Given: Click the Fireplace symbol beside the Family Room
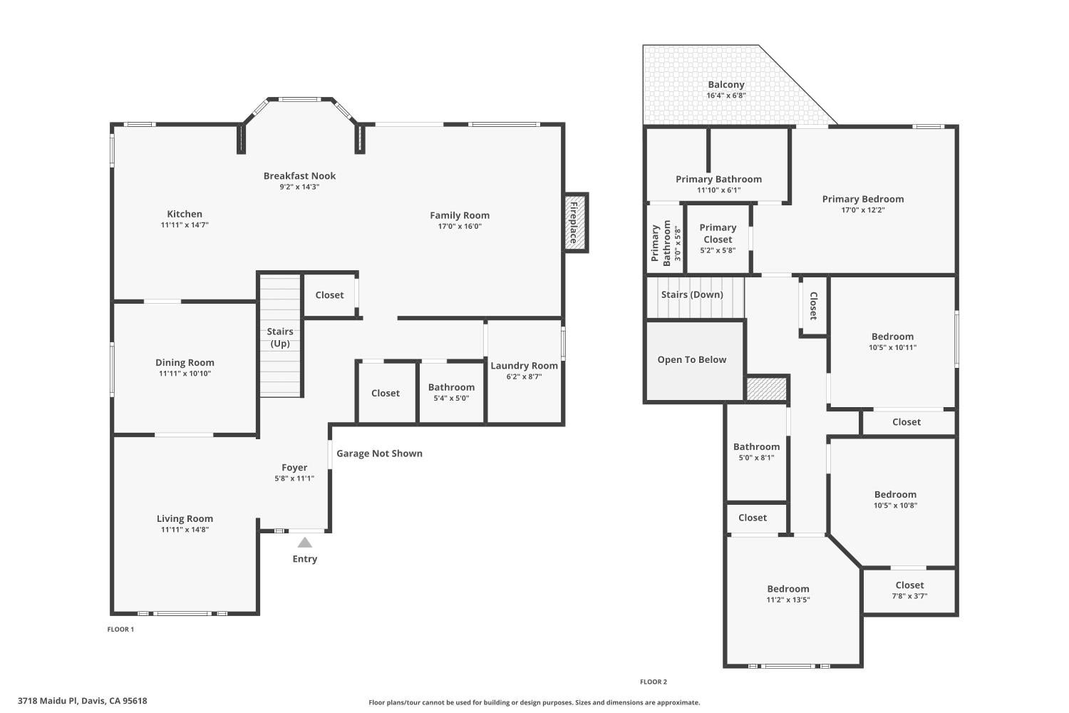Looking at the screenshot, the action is point(576,222).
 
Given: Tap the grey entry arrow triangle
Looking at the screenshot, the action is point(305,543).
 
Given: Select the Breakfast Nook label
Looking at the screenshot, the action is point(300,175).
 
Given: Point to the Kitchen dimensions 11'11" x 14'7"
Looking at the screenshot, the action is point(185,225).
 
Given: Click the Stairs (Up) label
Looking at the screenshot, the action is point(280,337).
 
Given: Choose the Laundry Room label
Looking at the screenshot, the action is point(524,365).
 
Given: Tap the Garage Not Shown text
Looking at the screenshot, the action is point(379,453).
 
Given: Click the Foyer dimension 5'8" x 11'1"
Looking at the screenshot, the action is point(294,478).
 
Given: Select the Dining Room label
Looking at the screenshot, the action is point(185,362).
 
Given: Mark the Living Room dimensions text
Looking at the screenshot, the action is point(185,529).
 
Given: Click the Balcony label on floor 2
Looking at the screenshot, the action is point(726,85).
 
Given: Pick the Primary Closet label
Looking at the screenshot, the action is point(718,233).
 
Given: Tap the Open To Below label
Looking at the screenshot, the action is point(692,359).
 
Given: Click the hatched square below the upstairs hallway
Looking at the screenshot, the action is point(766,389).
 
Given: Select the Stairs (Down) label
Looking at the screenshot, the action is point(692,294).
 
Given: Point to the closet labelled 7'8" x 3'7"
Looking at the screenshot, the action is point(909,590).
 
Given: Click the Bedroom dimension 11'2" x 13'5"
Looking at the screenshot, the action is point(788,600).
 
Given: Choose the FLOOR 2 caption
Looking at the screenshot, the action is point(654,682).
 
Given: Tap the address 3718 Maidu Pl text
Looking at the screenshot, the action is point(47,701).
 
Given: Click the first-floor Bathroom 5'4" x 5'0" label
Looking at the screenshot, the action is point(451,392).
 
